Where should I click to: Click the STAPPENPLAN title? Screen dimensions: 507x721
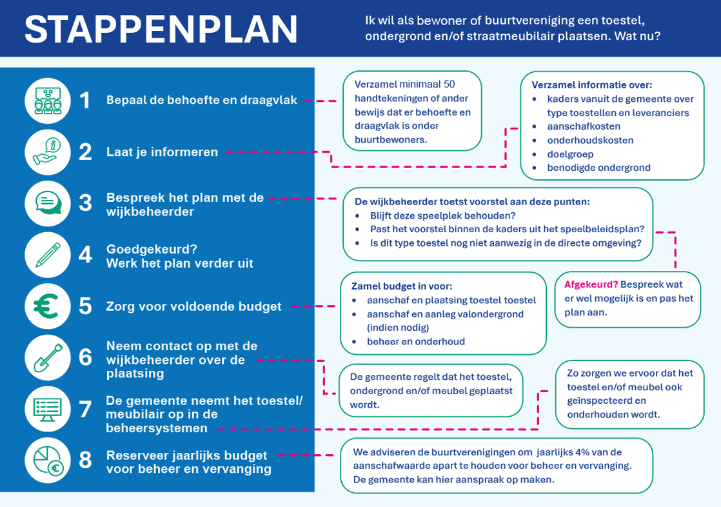(x=161, y=29)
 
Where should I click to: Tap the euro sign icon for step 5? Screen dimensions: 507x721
(x=48, y=306)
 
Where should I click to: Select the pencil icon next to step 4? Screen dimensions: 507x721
(x=48, y=255)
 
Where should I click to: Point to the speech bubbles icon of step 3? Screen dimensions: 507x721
(x=48, y=203)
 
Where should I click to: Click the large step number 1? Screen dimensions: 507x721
(x=85, y=101)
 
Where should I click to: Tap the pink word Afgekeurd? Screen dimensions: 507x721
(x=591, y=284)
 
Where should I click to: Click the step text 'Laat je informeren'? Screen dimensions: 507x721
(x=162, y=152)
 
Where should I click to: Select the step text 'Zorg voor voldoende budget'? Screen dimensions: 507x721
(x=193, y=306)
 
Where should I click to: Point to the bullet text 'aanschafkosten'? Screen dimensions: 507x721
(x=584, y=126)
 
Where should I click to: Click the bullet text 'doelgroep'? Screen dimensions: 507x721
(x=570, y=154)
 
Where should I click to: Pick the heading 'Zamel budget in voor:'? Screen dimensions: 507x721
(x=401, y=286)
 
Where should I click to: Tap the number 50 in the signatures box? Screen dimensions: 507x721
(x=449, y=84)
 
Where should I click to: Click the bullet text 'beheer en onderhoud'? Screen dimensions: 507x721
(x=416, y=342)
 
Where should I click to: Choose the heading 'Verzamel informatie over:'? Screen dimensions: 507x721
(x=591, y=85)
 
